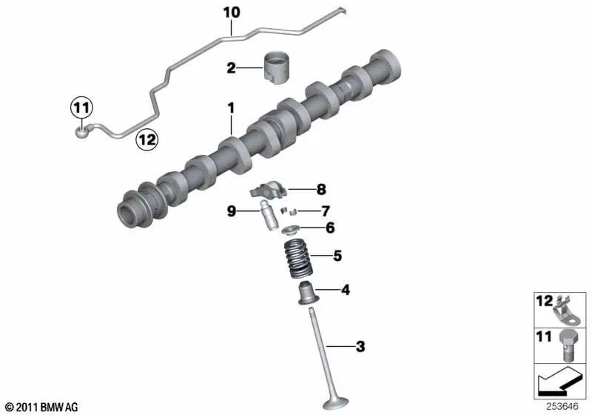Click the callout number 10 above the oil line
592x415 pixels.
pos(232,13)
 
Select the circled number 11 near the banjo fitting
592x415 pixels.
pos(81,108)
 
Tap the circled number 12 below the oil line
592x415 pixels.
pos(146,138)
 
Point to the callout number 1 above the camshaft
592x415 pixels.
pos(231,109)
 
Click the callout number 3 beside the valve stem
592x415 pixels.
pos(360,346)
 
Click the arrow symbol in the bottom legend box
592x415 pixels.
pos(559,384)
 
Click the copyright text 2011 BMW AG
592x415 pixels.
pos(41,407)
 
